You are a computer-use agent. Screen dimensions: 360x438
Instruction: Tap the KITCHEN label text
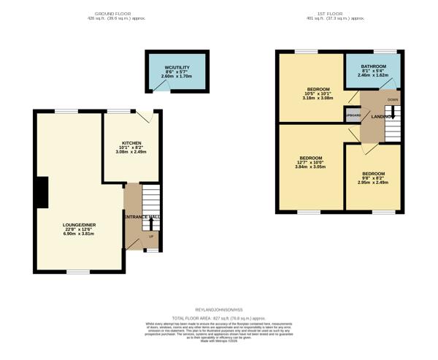pyautogui.click(x=131, y=143)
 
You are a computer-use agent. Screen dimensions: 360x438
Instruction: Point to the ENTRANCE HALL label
pyautogui.click(x=142, y=218)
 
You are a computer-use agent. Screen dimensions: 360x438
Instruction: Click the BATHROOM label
pyautogui.click(x=373, y=66)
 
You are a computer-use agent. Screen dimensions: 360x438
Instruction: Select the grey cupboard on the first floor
pyautogui.click(x=353, y=115)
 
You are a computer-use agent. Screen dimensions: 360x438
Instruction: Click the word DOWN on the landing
pyautogui.click(x=393, y=99)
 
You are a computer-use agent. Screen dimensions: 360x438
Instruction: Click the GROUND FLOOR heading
pyautogui.click(x=112, y=14)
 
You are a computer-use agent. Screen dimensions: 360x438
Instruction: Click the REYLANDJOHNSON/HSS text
pyautogui.click(x=219, y=311)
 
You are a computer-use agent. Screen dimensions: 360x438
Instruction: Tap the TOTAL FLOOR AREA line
pyautogui.click(x=219, y=318)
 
